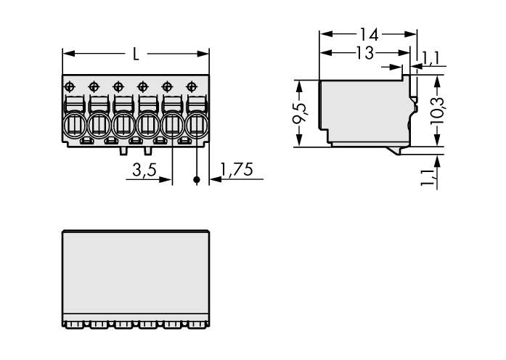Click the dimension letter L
point(136,53)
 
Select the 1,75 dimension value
point(236,171)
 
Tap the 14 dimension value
point(368,33)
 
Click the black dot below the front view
point(196,179)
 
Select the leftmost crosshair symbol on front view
point(70,86)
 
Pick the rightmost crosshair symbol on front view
point(192,86)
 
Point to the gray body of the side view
point(363,109)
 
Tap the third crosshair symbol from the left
point(118,86)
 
